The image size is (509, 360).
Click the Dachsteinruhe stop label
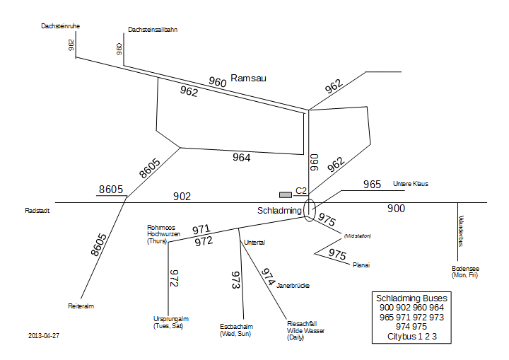(60, 26)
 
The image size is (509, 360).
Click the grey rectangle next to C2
(286, 194)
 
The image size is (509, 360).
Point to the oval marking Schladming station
(310, 210)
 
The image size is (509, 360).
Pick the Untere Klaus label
(411, 184)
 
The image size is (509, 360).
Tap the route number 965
(373, 185)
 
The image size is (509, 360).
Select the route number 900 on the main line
(397, 209)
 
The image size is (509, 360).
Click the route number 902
(182, 197)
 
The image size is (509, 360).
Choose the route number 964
(242, 158)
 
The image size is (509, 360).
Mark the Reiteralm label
(81, 306)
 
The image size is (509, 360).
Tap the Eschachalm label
(235, 330)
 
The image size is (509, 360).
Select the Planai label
(361, 265)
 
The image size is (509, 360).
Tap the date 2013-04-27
(44, 335)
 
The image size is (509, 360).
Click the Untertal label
(254, 243)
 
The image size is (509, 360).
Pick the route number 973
(237, 280)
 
